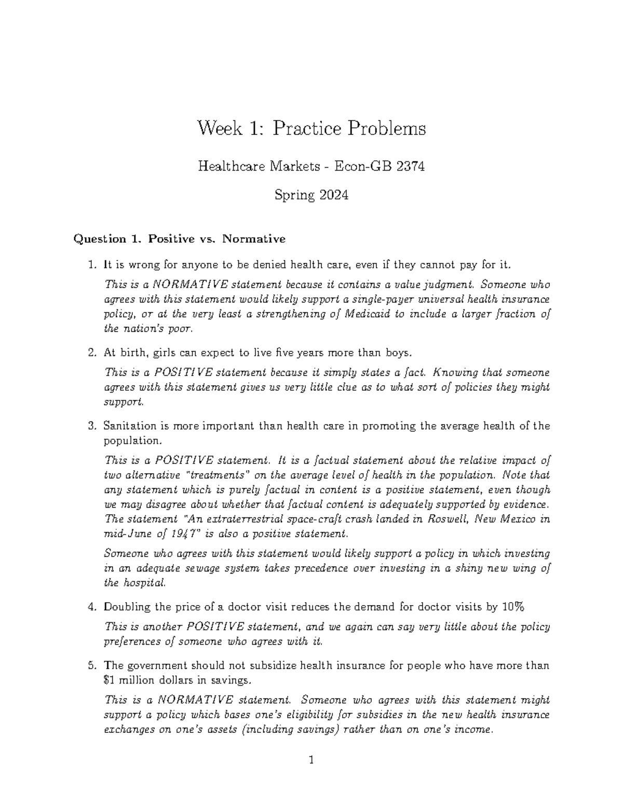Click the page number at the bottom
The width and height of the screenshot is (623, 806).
pos(311,761)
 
